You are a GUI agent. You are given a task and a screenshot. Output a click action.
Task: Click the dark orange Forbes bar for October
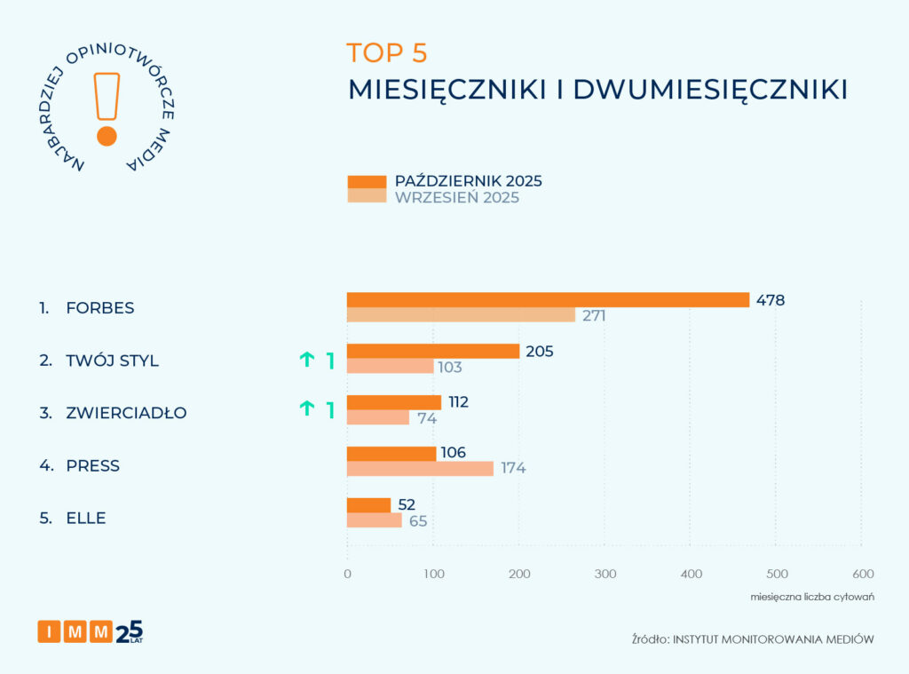[548, 300]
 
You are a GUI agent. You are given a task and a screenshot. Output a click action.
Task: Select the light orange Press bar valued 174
[420, 468]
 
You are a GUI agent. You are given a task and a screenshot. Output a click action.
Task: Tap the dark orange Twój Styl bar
[433, 352]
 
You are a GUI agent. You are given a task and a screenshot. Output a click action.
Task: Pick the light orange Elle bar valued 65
[374, 520]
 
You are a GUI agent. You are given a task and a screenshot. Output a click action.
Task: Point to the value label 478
[771, 300]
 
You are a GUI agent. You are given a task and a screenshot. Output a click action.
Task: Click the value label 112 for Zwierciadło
[458, 402]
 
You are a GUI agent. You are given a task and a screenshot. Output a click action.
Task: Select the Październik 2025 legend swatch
[367, 182]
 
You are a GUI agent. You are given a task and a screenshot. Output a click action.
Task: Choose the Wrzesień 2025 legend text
[457, 198]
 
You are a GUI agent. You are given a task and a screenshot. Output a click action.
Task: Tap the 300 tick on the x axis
[605, 574]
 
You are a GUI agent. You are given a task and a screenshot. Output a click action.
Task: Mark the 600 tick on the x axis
[862, 574]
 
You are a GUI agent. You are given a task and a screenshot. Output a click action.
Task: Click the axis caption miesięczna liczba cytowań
[812, 596]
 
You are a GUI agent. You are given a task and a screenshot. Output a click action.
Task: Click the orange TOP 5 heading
[387, 53]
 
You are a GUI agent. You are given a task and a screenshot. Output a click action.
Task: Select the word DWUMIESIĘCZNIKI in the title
[710, 90]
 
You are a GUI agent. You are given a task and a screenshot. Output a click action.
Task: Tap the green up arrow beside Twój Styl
[307, 360]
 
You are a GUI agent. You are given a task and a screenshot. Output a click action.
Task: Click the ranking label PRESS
[92, 466]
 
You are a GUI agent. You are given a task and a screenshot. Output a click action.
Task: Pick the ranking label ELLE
[85, 519]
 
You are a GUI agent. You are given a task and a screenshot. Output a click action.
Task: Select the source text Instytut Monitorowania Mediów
[773, 639]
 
